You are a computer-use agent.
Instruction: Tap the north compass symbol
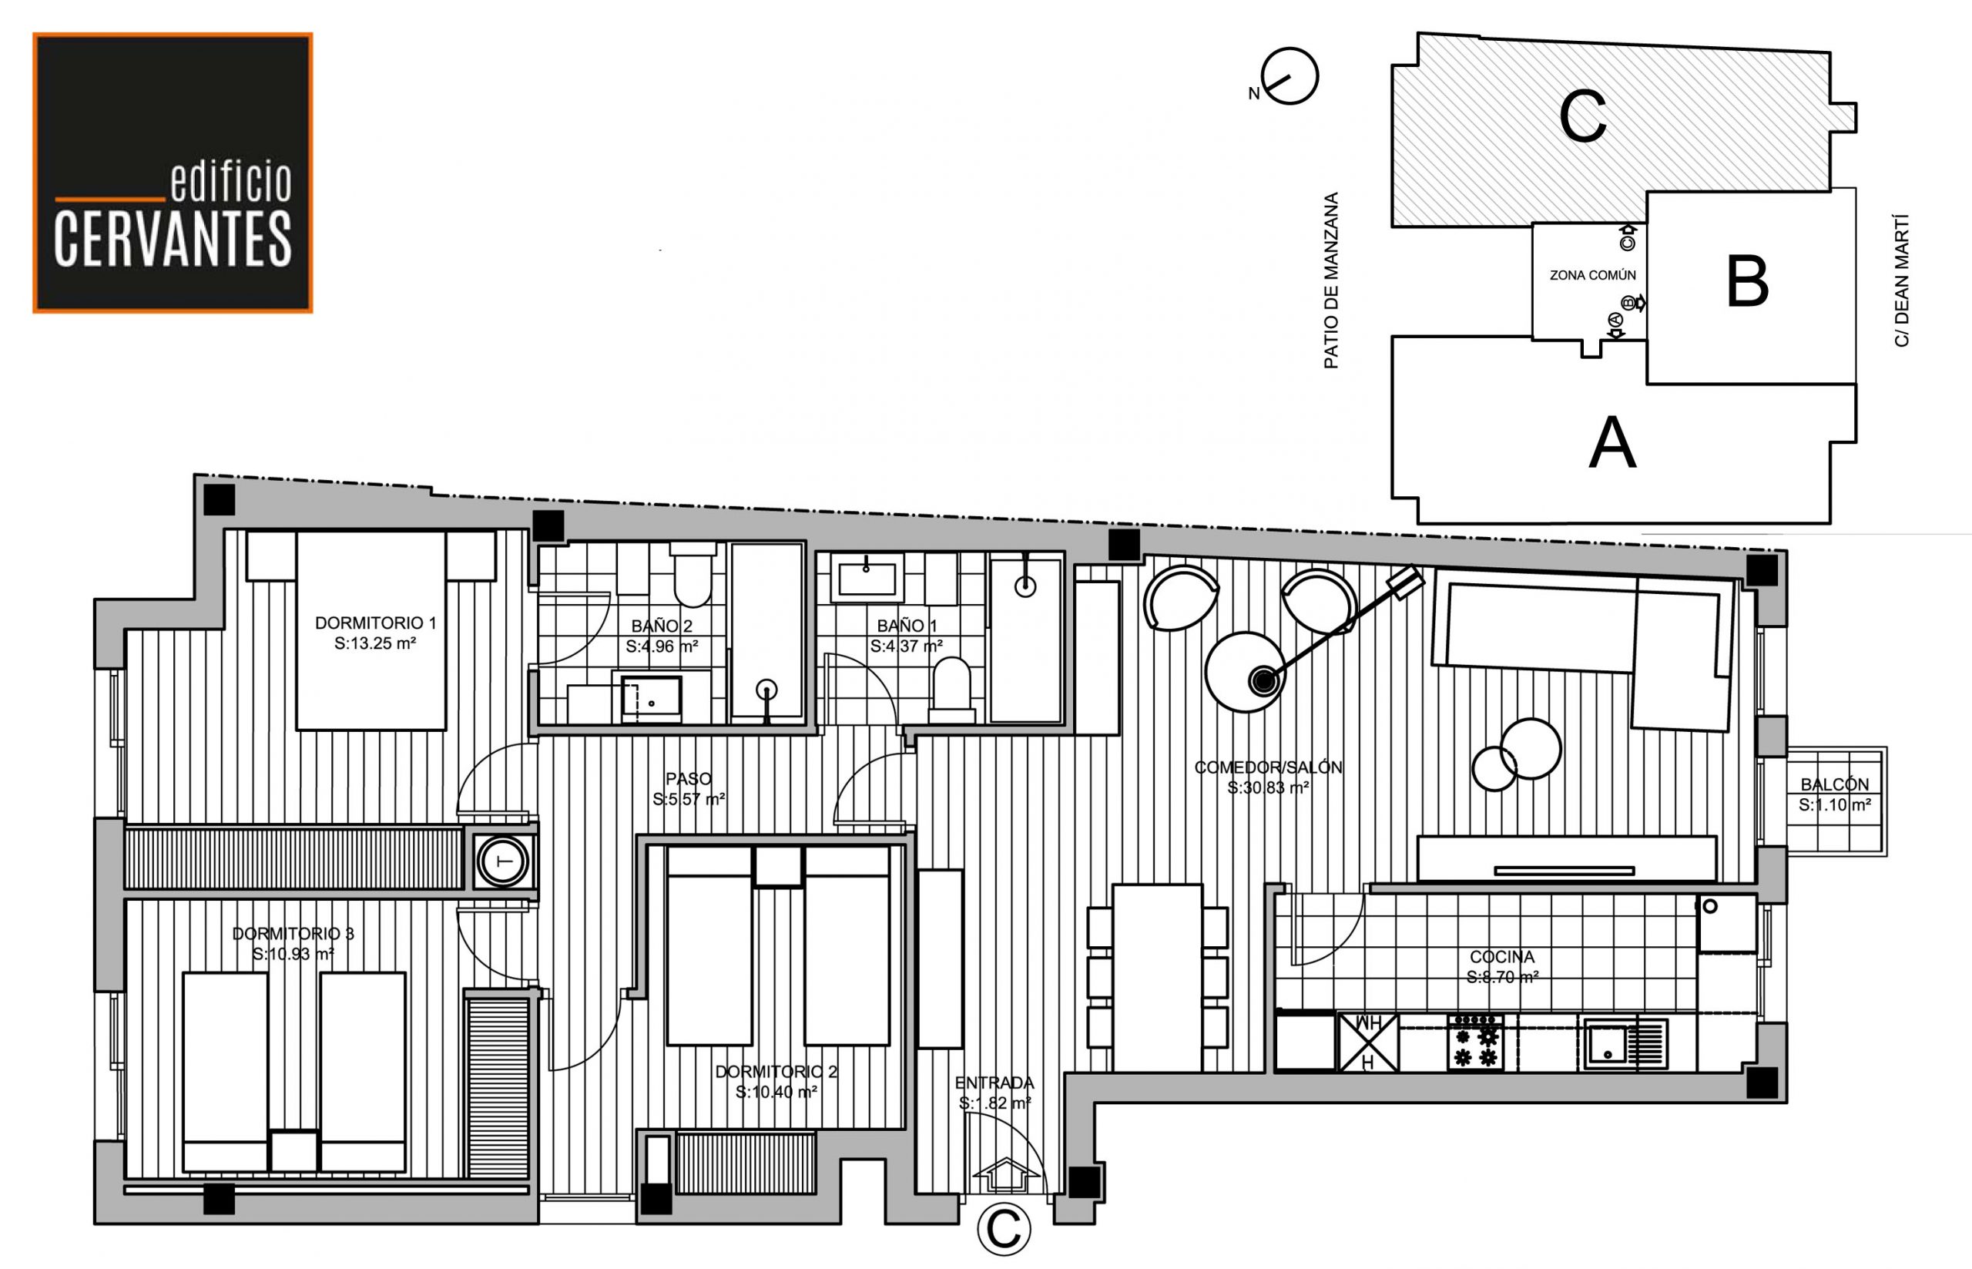(x=1290, y=76)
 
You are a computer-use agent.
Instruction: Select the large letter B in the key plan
(x=1747, y=282)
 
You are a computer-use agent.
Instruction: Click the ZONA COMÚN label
(x=1592, y=275)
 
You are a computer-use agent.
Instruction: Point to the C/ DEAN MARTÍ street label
(x=1902, y=281)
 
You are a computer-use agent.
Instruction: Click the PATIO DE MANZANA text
(x=1331, y=280)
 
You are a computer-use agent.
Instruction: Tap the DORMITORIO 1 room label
(x=375, y=623)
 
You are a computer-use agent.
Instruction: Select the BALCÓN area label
(x=1834, y=784)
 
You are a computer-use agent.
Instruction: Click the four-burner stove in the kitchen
(x=1475, y=1043)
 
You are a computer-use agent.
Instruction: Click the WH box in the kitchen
(x=1368, y=1043)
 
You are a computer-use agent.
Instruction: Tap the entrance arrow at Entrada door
(x=1006, y=1173)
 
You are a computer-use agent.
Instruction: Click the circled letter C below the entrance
(x=1003, y=1229)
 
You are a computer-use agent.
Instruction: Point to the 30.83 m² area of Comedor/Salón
(x=1269, y=787)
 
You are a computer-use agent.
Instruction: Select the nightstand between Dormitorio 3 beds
(x=294, y=1150)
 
